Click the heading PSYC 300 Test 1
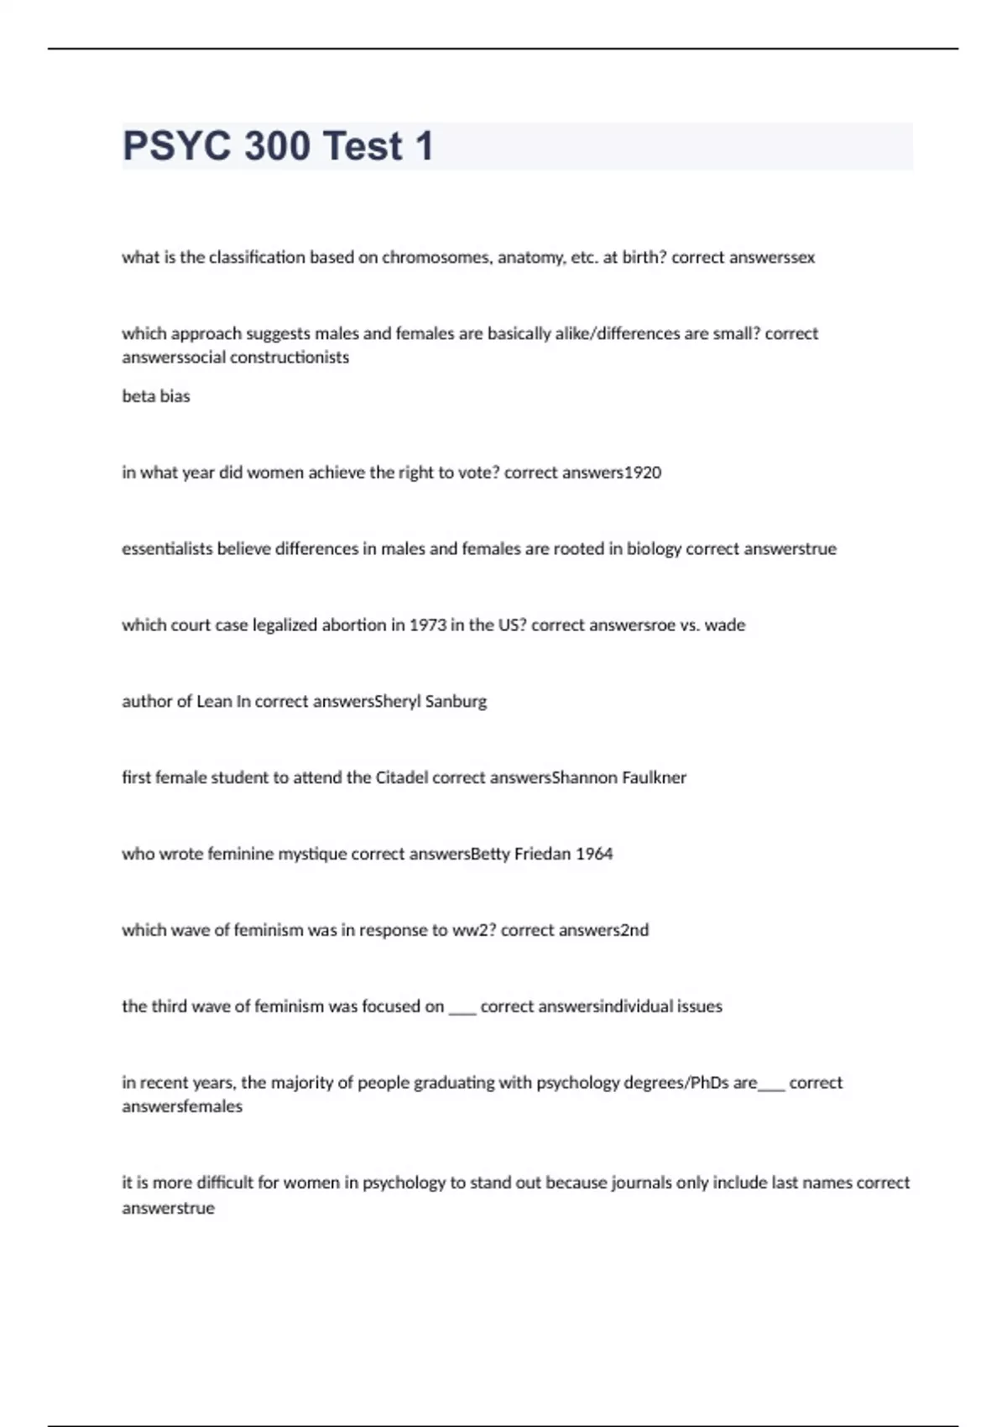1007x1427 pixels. pyautogui.click(x=278, y=146)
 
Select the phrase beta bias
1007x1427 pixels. pyautogui.click(x=156, y=396)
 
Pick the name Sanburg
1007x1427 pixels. pyautogui.click(x=456, y=702)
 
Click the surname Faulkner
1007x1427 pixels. pyautogui.click(x=654, y=778)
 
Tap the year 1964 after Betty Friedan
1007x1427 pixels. pyautogui.click(x=594, y=855)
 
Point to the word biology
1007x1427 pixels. pyautogui.click(x=652, y=549)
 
